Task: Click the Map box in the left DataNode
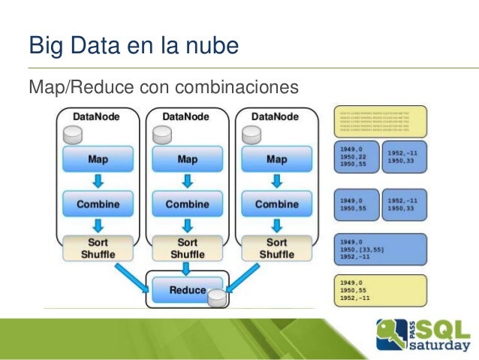tap(98, 159)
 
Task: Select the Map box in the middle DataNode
tap(187, 159)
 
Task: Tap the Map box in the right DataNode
tap(276, 159)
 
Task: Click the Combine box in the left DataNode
tap(98, 204)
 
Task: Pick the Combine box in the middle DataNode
tap(187, 204)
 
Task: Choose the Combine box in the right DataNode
tap(276, 204)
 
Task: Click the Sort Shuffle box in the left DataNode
tap(98, 248)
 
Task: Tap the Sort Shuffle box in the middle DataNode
tap(187, 248)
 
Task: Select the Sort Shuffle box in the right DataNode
tap(276, 248)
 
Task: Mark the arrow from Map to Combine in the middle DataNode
tap(187, 181)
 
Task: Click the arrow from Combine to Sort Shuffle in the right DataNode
tap(276, 225)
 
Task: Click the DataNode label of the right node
tap(273, 116)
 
